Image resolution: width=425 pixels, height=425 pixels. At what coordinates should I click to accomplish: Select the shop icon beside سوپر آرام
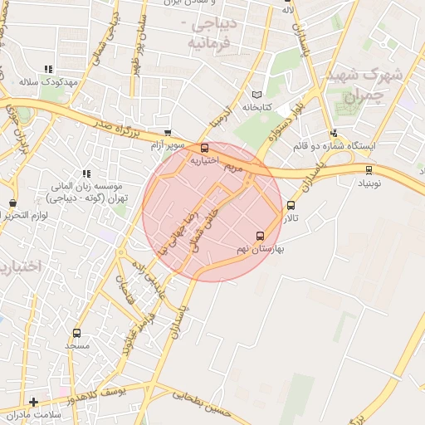pyautogui.click(x=168, y=133)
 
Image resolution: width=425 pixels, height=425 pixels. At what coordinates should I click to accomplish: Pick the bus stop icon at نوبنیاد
pyautogui.click(x=369, y=169)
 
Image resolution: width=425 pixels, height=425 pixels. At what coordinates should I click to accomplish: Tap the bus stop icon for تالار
pyautogui.click(x=291, y=205)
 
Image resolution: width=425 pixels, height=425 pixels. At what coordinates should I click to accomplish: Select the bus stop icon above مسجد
pyautogui.click(x=76, y=333)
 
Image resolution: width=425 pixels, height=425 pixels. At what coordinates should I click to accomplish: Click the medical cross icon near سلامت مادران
pyautogui.click(x=33, y=402)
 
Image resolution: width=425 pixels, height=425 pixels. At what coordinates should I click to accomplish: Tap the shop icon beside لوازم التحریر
pyautogui.click(x=12, y=203)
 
